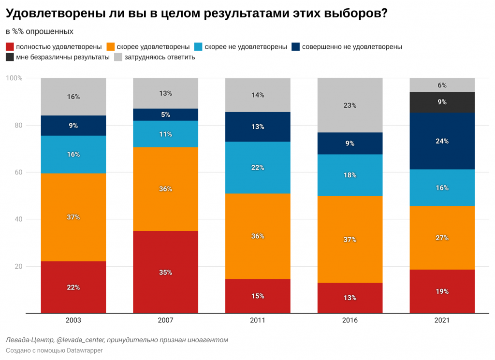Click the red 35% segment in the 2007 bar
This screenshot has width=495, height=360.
pyautogui.click(x=165, y=272)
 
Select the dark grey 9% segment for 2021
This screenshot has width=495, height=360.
pyautogui.click(x=442, y=102)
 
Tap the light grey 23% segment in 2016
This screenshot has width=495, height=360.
pyautogui.click(x=350, y=105)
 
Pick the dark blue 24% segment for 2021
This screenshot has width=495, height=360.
pyautogui.click(x=442, y=141)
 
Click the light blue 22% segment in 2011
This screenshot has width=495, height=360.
pyautogui.click(x=258, y=168)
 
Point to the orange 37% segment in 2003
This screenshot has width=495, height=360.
pyautogui.click(x=73, y=217)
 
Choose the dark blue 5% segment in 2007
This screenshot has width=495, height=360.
pyautogui.click(x=165, y=115)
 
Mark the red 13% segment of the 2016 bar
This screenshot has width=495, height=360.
pyautogui.click(x=350, y=298)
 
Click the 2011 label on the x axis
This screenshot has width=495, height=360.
pyautogui.click(x=258, y=320)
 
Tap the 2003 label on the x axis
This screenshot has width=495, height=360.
pyautogui.click(x=73, y=320)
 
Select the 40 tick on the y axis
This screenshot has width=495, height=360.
pyautogui.click(x=18, y=219)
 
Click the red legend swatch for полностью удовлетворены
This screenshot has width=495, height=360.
pyautogui.click(x=10, y=47)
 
